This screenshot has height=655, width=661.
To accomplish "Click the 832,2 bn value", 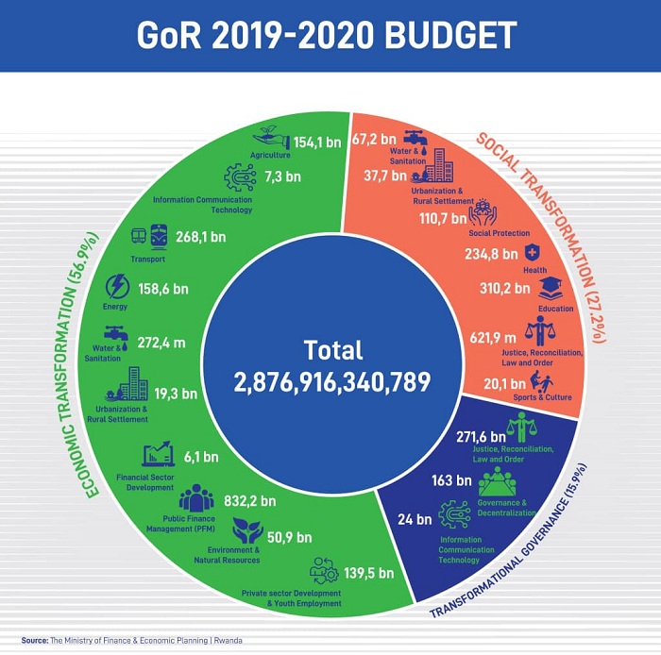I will pos(250,501).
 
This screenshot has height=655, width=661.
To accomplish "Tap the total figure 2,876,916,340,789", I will pos(331,382).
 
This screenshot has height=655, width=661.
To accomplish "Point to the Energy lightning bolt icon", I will pos(118,286).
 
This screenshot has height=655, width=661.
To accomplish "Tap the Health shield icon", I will pos(533,252).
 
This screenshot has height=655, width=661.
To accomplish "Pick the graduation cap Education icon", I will pos(551,288).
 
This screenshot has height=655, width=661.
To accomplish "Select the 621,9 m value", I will pos(493,337).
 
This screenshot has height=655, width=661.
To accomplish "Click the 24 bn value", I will pos(414,518).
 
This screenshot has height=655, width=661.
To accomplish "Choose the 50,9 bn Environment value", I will pos(289,537).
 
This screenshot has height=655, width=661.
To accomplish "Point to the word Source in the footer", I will pos(35,641).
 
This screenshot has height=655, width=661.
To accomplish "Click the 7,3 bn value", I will pos(282,176).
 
